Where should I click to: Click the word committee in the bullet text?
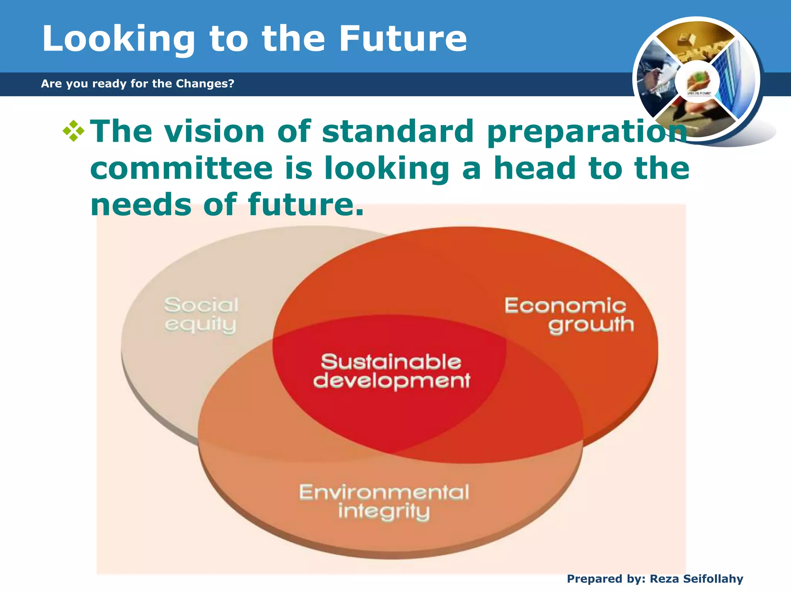click(x=182, y=168)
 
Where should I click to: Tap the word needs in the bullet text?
click(x=141, y=204)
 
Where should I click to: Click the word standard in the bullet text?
click(x=398, y=131)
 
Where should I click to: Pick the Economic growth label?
click(x=568, y=315)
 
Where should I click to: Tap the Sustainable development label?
click(x=391, y=371)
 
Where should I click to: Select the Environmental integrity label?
click(x=384, y=501)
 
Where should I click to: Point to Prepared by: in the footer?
click(x=606, y=579)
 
